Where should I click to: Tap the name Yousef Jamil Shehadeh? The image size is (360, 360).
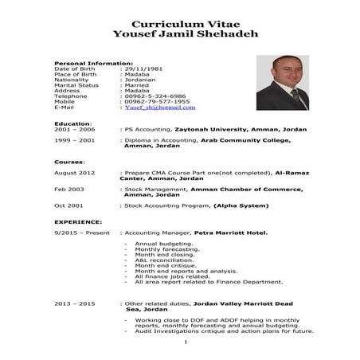tap(179, 35)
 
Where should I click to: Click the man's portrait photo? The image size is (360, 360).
tap(282, 82)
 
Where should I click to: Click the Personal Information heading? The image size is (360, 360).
tap(93, 63)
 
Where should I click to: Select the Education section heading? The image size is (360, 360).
tap(72, 123)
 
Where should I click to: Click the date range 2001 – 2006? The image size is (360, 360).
tap(74, 129)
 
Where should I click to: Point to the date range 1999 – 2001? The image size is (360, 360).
tap(74, 140)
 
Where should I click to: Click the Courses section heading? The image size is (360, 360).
tap(69, 162)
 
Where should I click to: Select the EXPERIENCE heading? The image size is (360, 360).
tap(78, 222)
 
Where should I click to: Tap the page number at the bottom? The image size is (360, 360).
tap(184, 342)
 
